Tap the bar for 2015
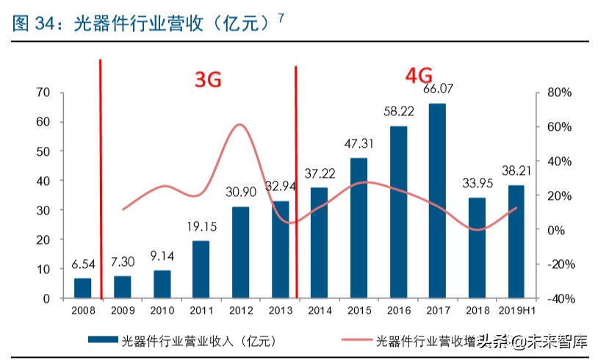[x=359, y=228]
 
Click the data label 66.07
[x=437, y=90]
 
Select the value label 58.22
[x=397, y=112]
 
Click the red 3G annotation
[x=208, y=80]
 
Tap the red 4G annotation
[x=419, y=75]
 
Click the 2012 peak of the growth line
[x=240, y=124]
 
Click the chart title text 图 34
[x=30, y=24]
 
